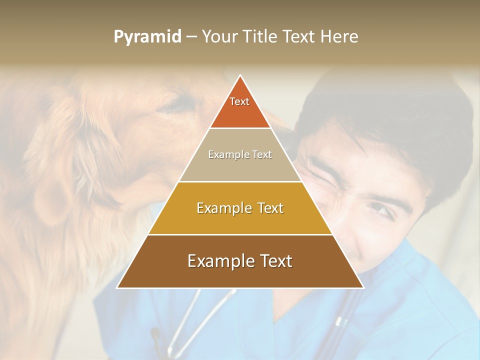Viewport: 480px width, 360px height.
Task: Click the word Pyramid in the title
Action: (147, 37)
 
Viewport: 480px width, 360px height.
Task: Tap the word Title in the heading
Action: (261, 37)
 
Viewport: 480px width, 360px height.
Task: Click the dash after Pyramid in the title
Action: (191, 37)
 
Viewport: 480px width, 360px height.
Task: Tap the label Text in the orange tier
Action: (239, 101)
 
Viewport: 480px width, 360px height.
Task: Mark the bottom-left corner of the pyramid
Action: (117, 287)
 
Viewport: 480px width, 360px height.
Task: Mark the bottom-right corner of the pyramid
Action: (363, 287)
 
